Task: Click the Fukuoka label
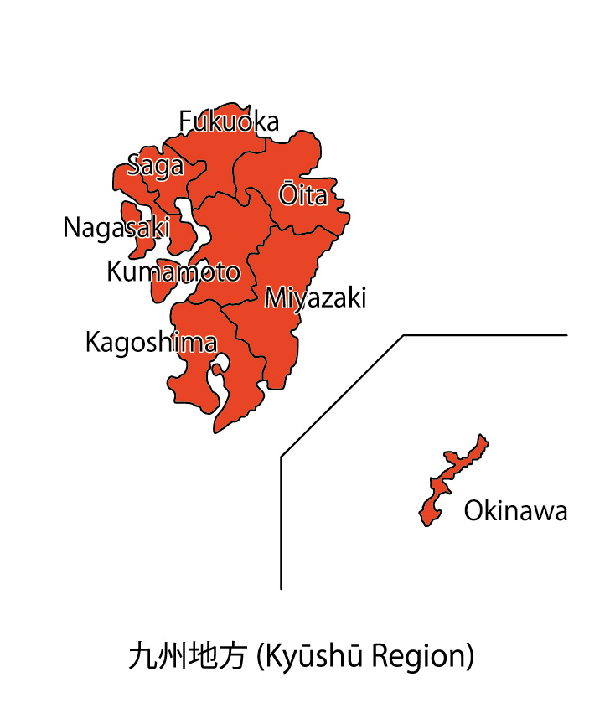point(229,122)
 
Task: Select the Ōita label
point(302,195)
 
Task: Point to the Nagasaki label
point(116,228)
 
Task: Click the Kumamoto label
point(173,271)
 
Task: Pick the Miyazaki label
point(315,298)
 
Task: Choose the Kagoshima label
point(151,343)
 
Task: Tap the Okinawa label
point(515,511)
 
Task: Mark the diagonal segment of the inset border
point(342,396)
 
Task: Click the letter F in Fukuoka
point(186,122)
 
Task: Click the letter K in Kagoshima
point(93,343)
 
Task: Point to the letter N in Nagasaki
point(72,228)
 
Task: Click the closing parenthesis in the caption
point(470,655)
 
